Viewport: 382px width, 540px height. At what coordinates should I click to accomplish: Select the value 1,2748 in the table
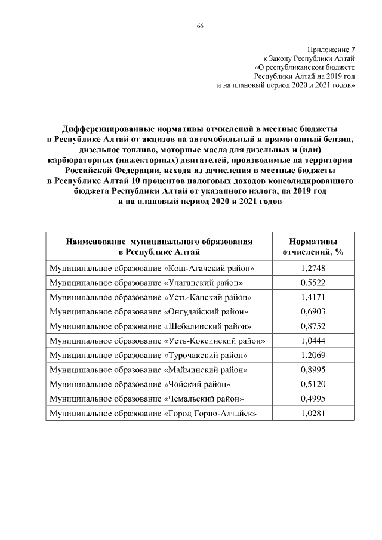(x=313, y=269)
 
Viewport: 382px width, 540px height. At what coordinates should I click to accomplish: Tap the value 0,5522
(x=313, y=283)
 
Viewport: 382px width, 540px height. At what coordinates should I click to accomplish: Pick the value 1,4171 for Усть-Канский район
(x=313, y=297)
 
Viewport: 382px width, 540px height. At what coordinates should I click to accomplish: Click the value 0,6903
(x=313, y=312)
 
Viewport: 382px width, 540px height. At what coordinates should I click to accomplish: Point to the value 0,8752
(x=313, y=326)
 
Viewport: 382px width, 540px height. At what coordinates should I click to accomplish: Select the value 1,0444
(x=313, y=341)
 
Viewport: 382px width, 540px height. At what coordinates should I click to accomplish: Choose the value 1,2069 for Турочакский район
(x=313, y=356)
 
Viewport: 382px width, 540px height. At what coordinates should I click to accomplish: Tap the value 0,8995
(x=313, y=370)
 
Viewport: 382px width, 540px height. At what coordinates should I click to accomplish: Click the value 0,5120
(x=313, y=384)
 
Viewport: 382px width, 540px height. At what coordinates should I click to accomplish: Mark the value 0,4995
(x=313, y=399)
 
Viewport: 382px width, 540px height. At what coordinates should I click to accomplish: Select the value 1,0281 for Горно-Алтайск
(x=313, y=414)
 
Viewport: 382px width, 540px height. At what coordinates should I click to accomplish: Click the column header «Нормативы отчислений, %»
(x=313, y=247)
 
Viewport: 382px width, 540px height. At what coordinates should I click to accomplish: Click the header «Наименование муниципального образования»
(x=159, y=242)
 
